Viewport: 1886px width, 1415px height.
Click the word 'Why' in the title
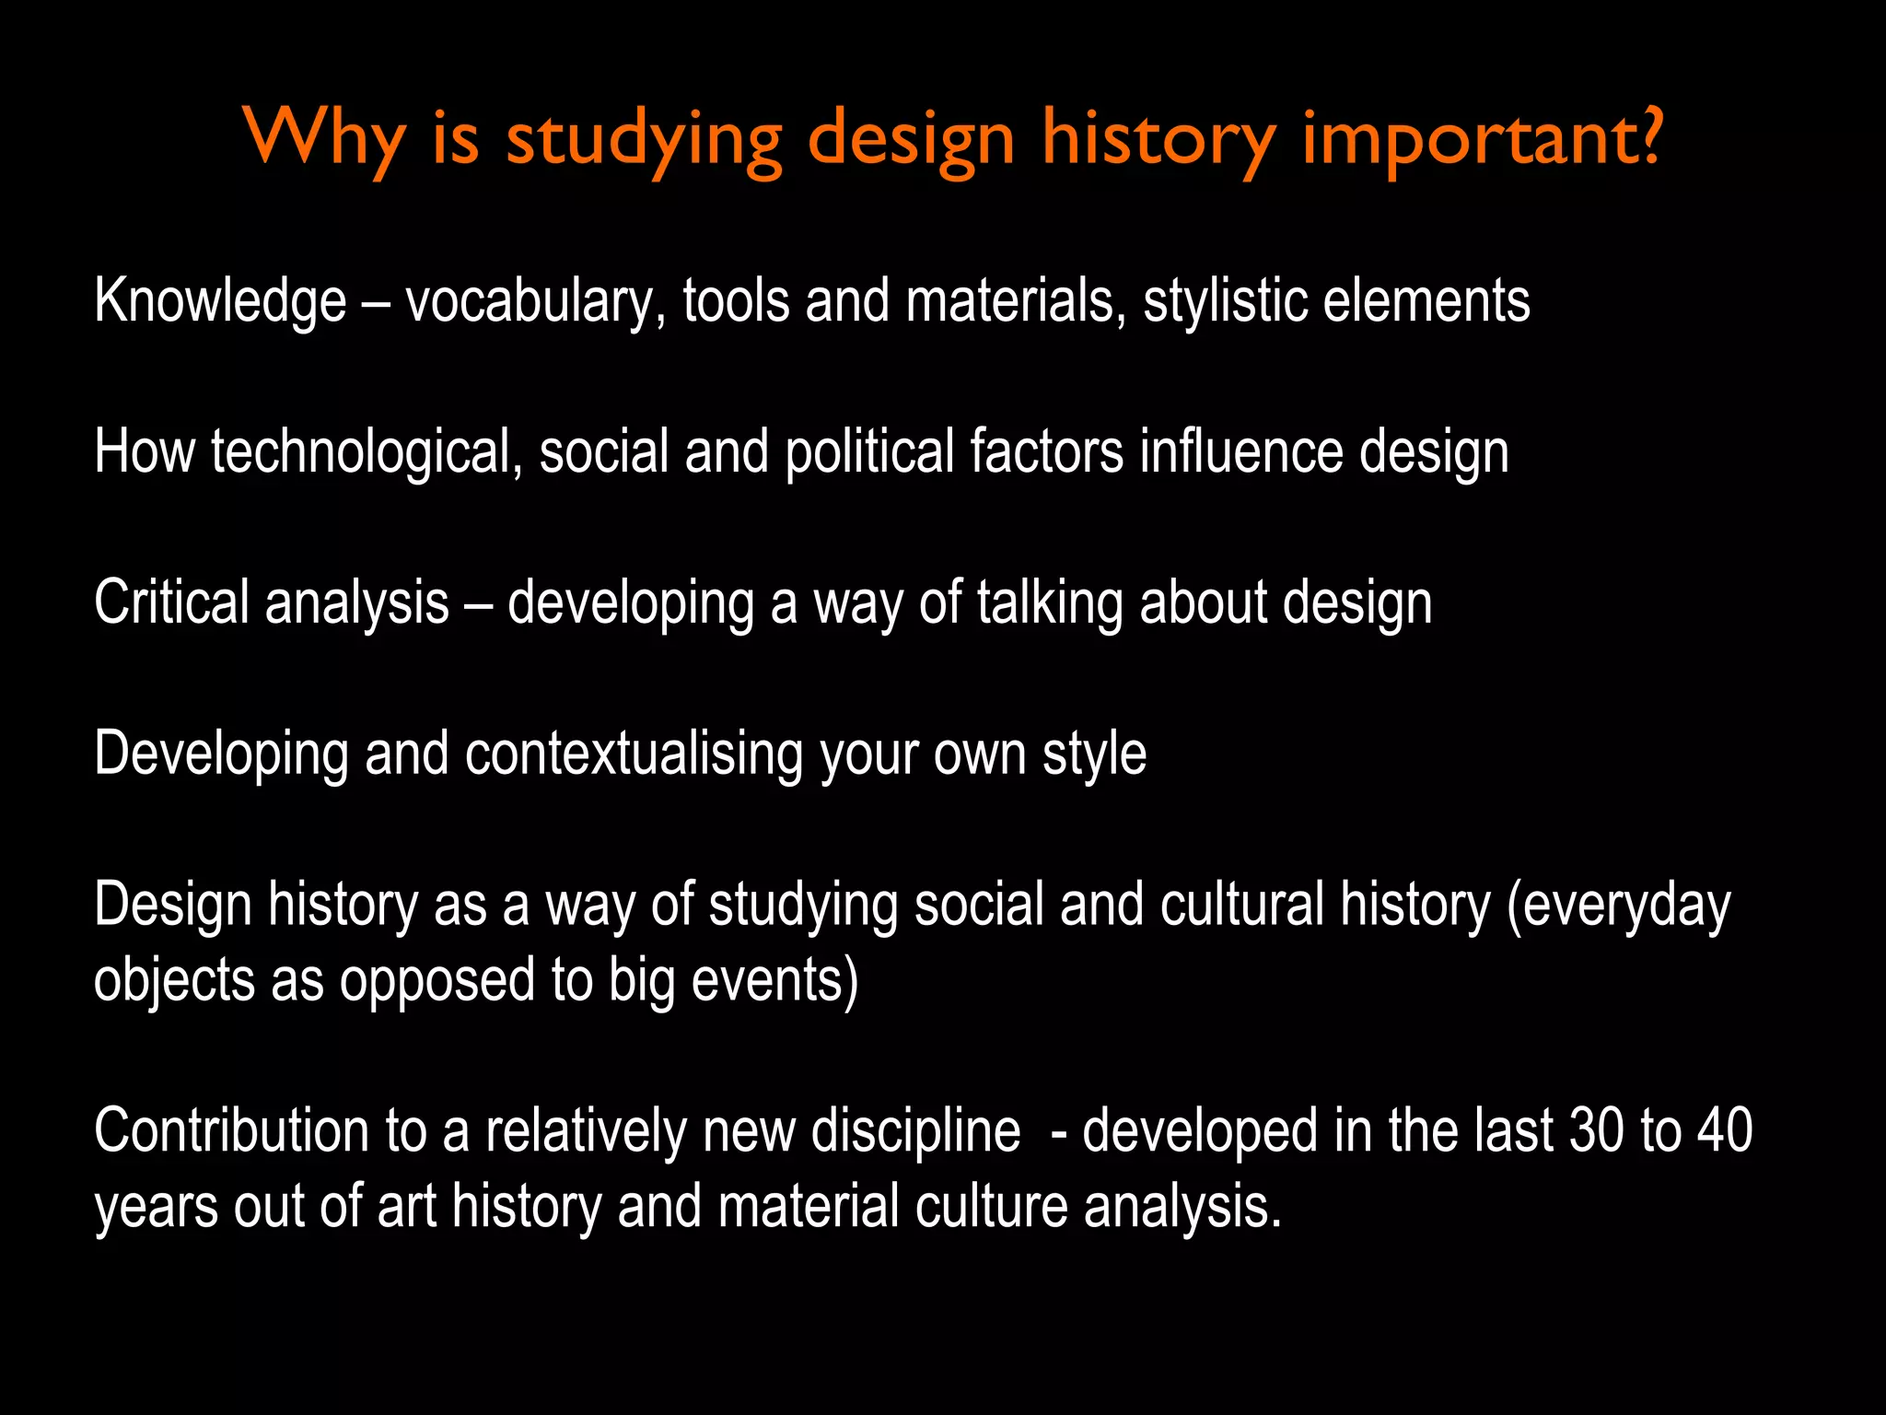324,138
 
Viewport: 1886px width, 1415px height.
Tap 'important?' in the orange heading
1482,138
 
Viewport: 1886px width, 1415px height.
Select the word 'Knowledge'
220,301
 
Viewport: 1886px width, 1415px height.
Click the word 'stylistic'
1225,301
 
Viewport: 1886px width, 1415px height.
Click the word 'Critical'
172,602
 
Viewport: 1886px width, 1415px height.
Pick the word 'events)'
774,980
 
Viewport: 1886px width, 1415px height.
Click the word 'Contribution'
231,1130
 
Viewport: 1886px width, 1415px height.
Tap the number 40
1725,1130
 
